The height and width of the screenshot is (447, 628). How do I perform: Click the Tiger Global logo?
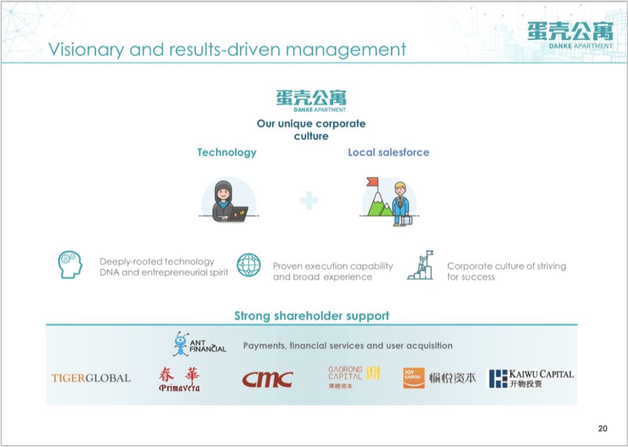(x=91, y=378)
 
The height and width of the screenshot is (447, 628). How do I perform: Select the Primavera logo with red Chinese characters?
(x=179, y=379)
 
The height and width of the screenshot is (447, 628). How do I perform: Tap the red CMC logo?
(x=267, y=379)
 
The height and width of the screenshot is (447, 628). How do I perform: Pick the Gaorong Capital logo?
(x=354, y=377)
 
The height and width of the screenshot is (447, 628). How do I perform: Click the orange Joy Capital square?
(x=414, y=378)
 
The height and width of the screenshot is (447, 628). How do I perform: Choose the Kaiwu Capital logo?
(x=530, y=378)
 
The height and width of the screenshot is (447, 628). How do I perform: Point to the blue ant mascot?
(x=181, y=344)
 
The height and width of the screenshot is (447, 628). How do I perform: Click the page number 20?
(x=602, y=428)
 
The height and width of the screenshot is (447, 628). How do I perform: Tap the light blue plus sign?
(x=309, y=200)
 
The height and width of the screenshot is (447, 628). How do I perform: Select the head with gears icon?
(x=70, y=265)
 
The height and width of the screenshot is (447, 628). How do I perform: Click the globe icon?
(x=248, y=265)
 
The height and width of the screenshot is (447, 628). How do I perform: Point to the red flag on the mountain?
(x=373, y=182)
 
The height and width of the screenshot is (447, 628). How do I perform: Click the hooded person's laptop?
(x=238, y=214)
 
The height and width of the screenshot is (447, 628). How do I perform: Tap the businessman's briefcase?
(x=406, y=220)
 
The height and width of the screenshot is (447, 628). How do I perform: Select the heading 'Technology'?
(x=227, y=152)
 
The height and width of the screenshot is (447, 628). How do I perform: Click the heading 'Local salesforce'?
(x=388, y=152)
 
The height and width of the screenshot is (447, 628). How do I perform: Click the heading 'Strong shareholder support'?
(x=312, y=316)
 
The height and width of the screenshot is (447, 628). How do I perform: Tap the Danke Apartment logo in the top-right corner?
(x=570, y=36)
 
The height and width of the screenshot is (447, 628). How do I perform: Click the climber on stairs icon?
(x=420, y=265)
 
